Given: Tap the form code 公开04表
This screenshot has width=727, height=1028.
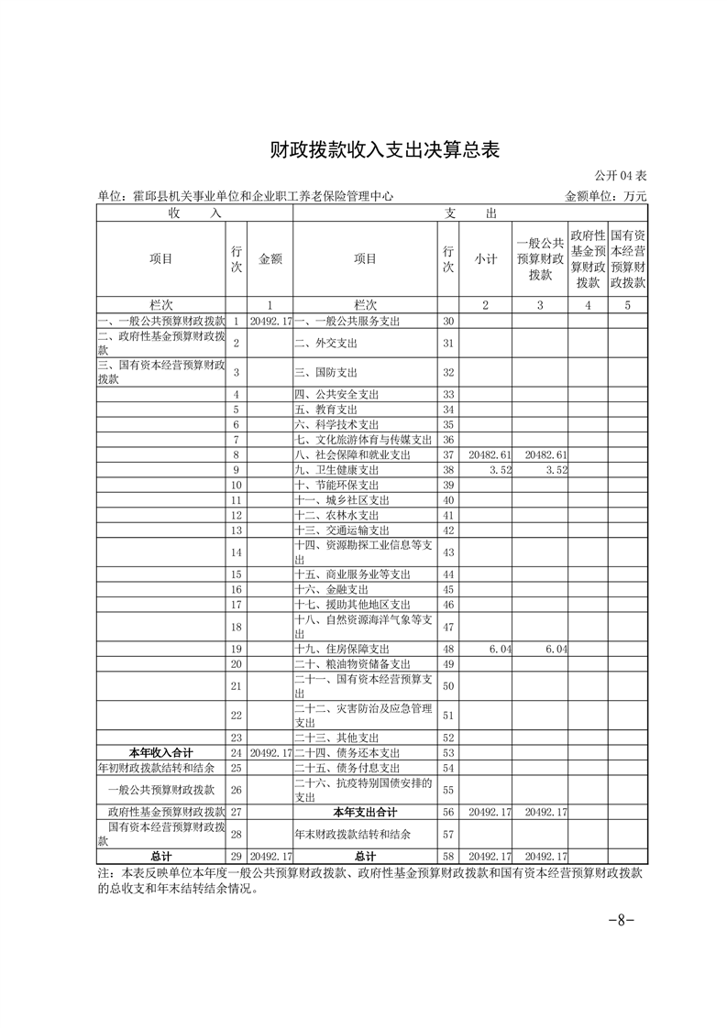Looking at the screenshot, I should (x=621, y=175).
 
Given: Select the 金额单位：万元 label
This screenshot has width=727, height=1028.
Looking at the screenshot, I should (x=606, y=196).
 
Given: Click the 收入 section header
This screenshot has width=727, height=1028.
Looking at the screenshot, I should (x=194, y=213).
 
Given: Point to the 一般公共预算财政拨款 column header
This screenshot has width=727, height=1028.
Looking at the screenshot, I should (x=540, y=258).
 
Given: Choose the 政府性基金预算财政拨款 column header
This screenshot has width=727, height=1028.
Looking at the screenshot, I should (x=587, y=258).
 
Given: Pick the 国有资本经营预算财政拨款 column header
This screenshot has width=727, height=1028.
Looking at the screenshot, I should (x=627, y=258).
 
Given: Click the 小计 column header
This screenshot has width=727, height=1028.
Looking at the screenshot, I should (x=485, y=259).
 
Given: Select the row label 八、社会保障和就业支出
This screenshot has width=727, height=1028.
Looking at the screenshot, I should (x=352, y=454).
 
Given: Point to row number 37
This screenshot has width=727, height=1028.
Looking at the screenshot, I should (x=448, y=454).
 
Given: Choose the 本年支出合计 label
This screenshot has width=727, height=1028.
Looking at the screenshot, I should (x=365, y=812).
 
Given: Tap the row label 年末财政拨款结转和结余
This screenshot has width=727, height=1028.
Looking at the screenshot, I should (x=352, y=835).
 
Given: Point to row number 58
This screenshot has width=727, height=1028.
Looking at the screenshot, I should (x=448, y=856).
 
